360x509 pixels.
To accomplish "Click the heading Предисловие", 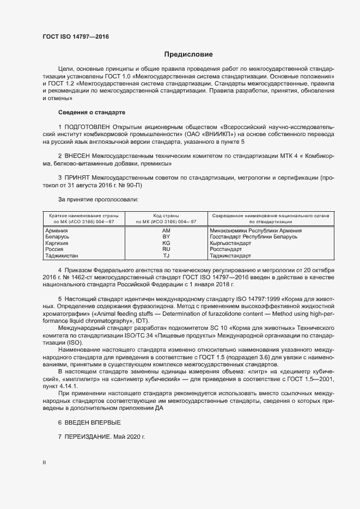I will pos(188,54).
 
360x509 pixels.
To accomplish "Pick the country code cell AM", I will pos(167,231).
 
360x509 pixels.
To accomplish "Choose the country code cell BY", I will pos(167,237).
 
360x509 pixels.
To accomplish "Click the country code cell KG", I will pos(167,243).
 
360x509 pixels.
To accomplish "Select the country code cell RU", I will pos(167,249).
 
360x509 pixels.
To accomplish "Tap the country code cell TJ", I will pos(167,255).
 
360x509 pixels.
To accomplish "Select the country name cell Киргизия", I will pos(56,243).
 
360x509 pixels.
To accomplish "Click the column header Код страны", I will pos(166,216).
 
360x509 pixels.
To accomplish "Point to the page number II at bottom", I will pos(44,463).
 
